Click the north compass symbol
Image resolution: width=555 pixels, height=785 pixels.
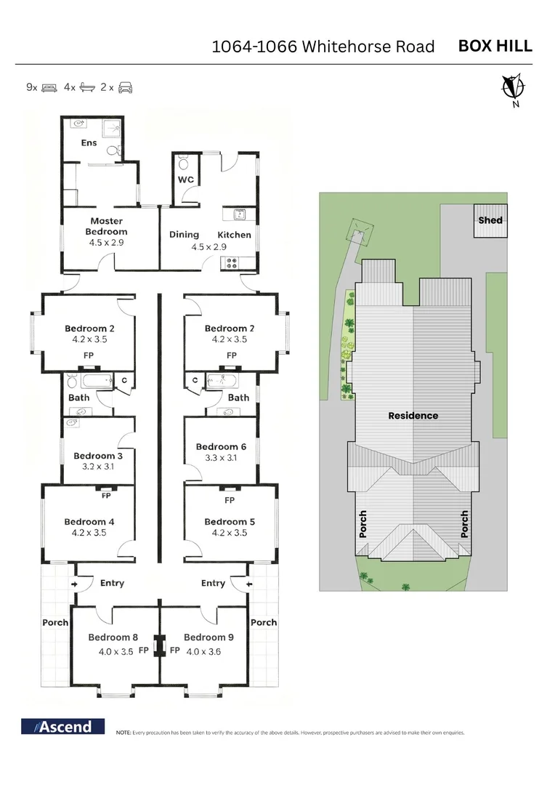(513, 90)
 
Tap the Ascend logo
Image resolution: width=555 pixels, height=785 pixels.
(62, 726)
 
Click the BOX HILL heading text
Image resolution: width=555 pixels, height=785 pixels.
(495, 46)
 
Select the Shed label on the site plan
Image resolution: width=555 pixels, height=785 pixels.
(490, 220)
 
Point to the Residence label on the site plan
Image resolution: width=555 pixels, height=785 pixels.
(413, 416)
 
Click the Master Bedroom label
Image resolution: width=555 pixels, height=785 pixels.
(106, 226)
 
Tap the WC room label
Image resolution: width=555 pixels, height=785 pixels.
(186, 180)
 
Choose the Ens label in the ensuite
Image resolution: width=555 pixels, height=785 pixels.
(89, 142)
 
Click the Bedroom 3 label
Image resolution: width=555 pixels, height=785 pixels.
(98, 456)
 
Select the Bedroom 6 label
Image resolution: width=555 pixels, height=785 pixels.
(221, 446)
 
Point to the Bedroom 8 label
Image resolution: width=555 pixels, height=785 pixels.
(113, 637)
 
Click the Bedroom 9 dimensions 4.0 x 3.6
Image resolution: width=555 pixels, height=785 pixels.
(203, 651)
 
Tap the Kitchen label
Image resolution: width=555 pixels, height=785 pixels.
(234, 235)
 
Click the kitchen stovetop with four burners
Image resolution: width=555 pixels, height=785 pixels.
(231, 262)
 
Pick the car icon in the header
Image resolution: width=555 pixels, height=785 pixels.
(125, 88)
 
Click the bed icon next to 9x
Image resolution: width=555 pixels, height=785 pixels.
(49, 88)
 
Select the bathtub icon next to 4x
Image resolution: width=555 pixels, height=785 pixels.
(87, 88)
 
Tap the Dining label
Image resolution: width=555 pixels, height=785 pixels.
(184, 234)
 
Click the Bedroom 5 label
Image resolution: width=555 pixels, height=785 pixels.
(230, 522)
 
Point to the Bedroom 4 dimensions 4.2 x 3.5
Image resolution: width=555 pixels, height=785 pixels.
(89, 533)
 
